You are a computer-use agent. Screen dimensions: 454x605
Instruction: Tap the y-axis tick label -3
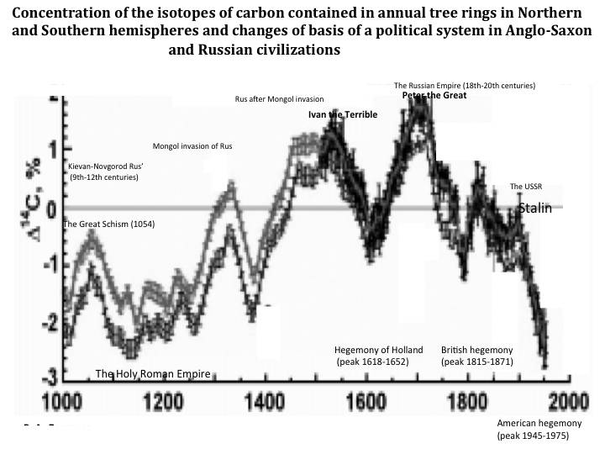click(x=50, y=372)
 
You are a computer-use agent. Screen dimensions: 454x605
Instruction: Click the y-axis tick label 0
click(x=53, y=207)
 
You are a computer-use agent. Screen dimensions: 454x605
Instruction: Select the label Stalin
click(x=534, y=209)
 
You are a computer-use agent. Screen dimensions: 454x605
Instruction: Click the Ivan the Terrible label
click(x=343, y=114)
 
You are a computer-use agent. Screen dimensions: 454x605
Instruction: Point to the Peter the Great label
click(x=434, y=95)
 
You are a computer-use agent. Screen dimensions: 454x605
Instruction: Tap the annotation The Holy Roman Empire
click(x=152, y=374)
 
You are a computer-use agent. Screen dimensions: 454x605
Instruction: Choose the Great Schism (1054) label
click(x=109, y=224)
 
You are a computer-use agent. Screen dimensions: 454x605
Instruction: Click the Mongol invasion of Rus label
click(x=192, y=146)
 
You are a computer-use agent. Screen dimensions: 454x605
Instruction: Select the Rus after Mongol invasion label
click(x=279, y=99)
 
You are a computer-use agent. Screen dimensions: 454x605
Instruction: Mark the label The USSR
click(x=528, y=186)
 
